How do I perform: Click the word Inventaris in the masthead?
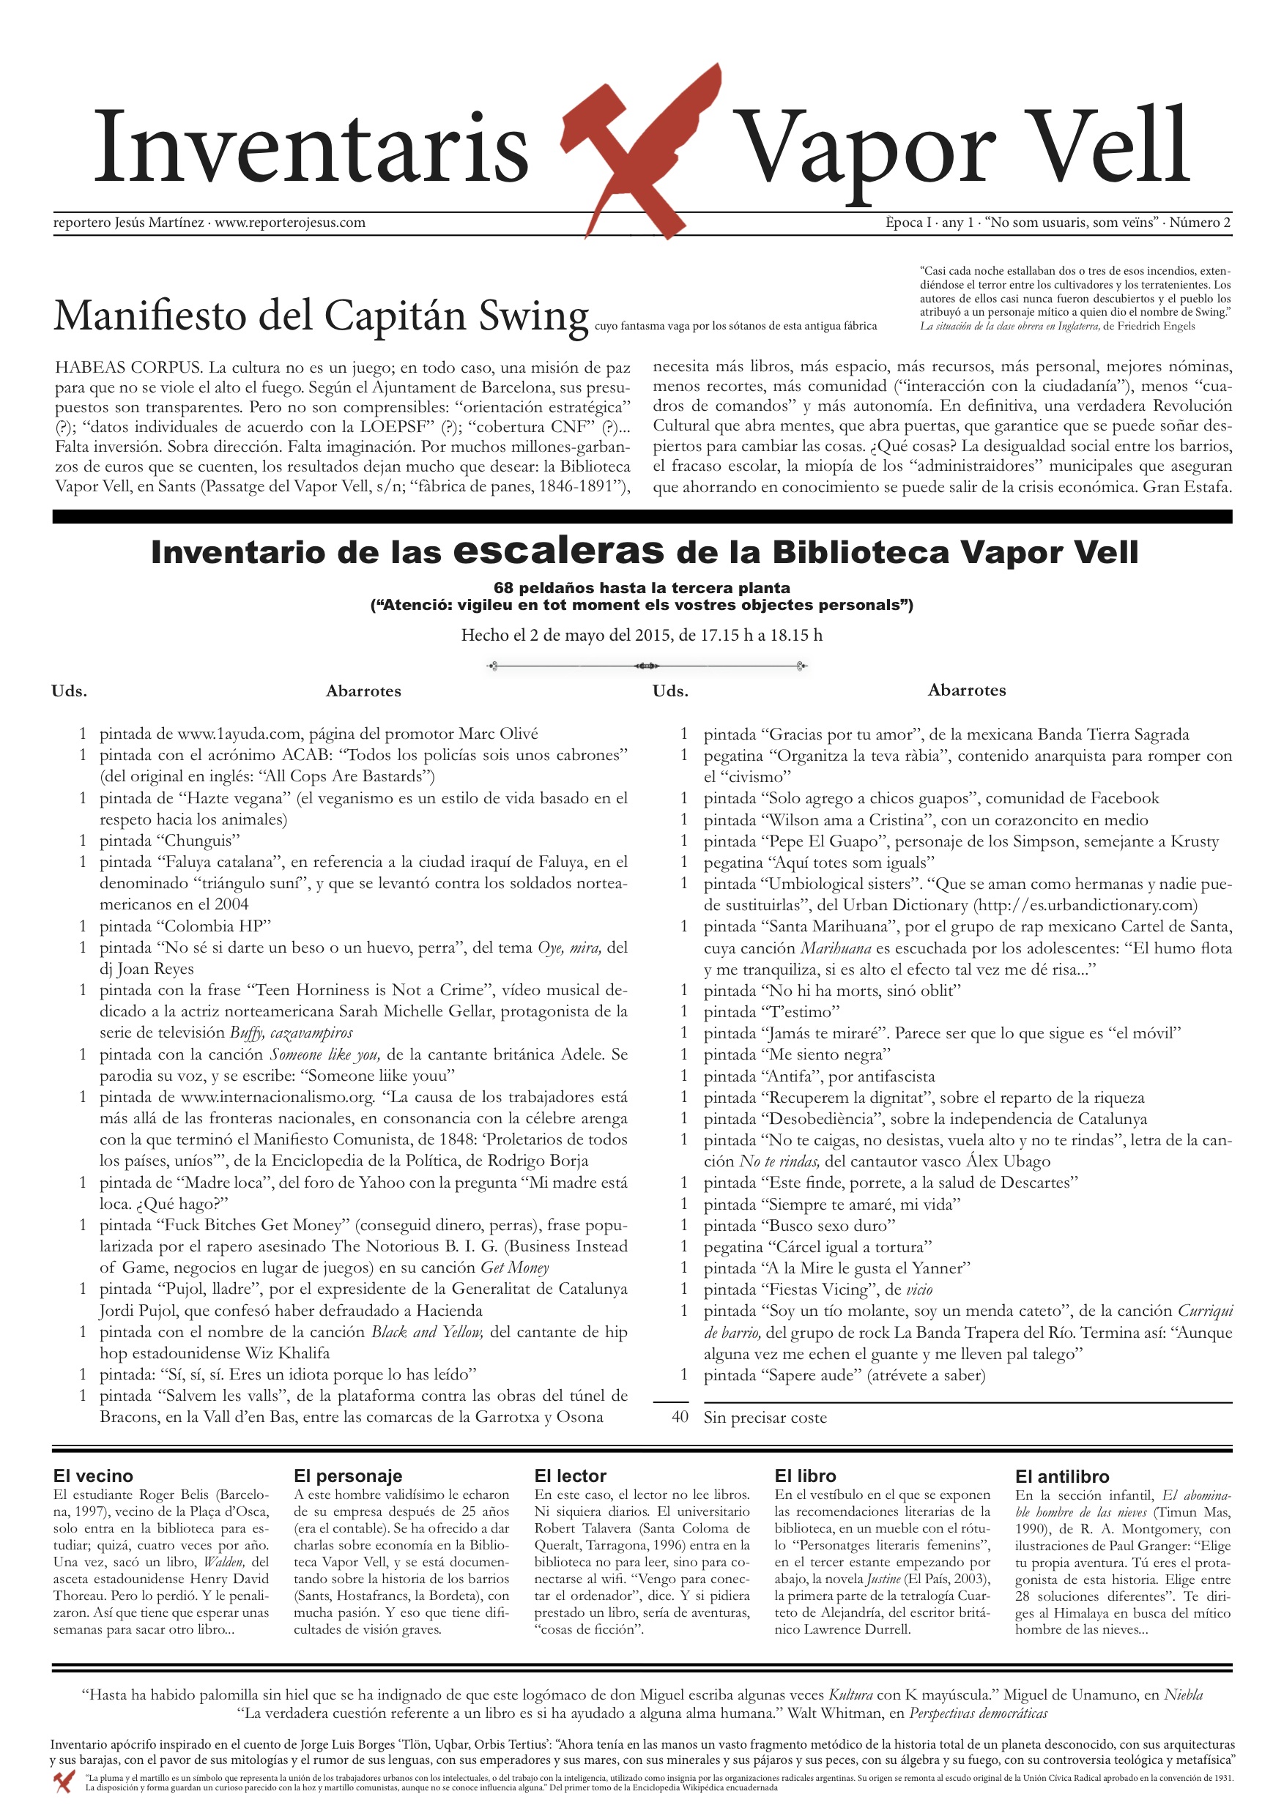click(x=311, y=148)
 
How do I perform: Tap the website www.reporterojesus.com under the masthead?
click(x=289, y=223)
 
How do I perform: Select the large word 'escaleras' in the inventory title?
click(x=559, y=550)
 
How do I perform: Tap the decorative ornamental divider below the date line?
click(x=645, y=666)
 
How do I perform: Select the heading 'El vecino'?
click(x=93, y=1476)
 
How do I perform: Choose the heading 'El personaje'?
click(x=347, y=1476)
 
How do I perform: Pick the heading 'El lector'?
click(x=570, y=1476)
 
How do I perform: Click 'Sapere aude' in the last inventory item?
click(x=812, y=1374)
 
